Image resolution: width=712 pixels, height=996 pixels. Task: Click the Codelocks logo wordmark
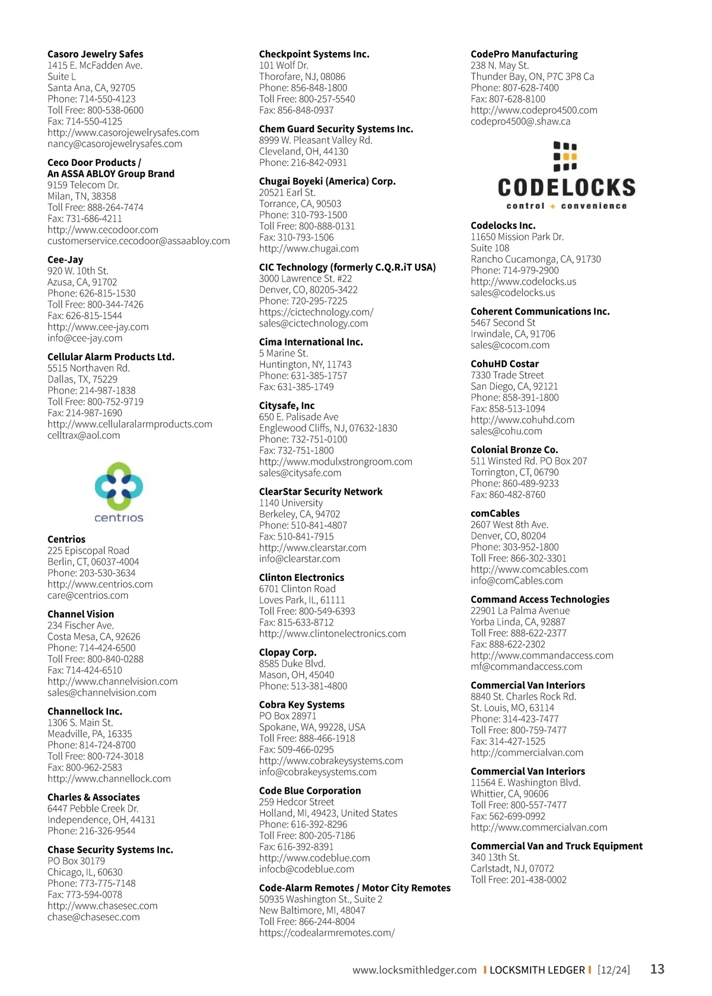[x=566, y=188]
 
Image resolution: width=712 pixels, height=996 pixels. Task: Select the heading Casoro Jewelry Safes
[x=96, y=54]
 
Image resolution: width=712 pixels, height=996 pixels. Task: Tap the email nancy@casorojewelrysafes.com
[x=115, y=143]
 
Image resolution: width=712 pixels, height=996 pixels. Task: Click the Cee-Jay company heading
[x=65, y=260]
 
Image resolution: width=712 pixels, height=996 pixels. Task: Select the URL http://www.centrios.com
[x=100, y=584]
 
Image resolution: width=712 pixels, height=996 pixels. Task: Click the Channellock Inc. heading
[x=85, y=711]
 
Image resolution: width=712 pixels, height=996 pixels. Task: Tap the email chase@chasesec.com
[x=94, y=917]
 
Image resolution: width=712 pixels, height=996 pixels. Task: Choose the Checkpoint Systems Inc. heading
[x=314, y=54]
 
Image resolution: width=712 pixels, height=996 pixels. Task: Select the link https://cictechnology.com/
[x=316, y=312]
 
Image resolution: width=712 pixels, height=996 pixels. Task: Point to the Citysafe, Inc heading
[x=287, y=406]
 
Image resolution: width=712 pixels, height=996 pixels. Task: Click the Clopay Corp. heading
[x=288, y=652]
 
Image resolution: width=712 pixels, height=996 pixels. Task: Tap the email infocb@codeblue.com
[x=306, y=869]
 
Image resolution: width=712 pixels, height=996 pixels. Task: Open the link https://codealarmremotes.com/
[x=326, y=933]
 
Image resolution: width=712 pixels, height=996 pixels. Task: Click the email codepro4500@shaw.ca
[x=520, y=122]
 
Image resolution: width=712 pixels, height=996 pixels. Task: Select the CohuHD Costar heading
[x=504, y=364]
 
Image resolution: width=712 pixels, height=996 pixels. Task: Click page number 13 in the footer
[x=657, y=969]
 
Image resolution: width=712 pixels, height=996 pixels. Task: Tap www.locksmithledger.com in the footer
[x=414, y=970]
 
